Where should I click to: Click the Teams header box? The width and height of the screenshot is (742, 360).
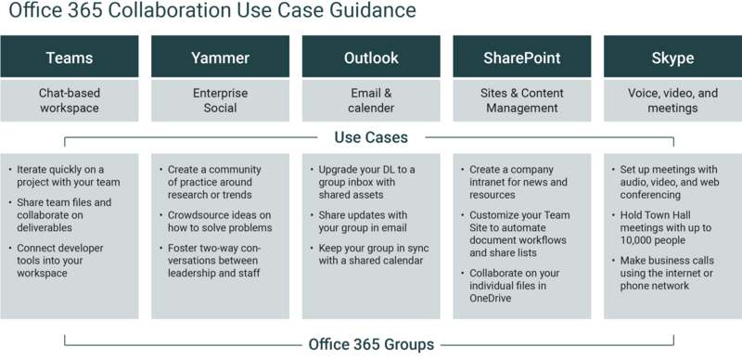(70, 58)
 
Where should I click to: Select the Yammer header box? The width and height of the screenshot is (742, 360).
(221, 58)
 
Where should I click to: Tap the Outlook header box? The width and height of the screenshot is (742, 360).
(371, 58)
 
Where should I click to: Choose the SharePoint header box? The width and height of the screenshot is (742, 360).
(521, 58)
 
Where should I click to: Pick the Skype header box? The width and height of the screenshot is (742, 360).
(672, 58)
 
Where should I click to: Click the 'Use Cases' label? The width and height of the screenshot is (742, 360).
(371, 137)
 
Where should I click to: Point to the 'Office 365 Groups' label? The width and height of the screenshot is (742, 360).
(371, 345)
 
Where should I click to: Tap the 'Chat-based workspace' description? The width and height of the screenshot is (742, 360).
(70, 100)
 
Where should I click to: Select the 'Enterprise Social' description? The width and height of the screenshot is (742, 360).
(221, 100)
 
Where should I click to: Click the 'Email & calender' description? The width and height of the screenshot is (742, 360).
(371, 100)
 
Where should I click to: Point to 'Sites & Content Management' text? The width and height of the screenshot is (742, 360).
(521, 100)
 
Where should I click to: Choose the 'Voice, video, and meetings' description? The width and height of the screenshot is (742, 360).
(672, 100)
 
